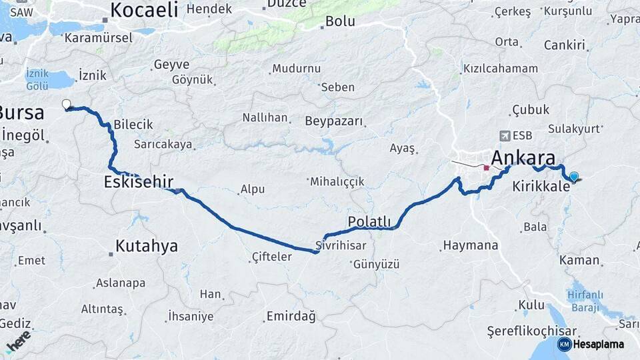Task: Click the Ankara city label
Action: (x=523, y=158)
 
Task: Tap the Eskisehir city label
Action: (x=139, y=181)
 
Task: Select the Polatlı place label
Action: (x=369, y=221)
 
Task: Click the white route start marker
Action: (x=66, y=103)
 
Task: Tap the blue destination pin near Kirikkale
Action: (x=573, y=176)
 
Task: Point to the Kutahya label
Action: (x=147, y=246)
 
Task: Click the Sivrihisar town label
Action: (x=341, y=245)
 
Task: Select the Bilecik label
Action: (x=133, y=125)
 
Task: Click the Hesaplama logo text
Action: (x=599, y=344)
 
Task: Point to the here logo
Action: (x=18, y=340)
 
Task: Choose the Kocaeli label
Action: (x=144, y=9)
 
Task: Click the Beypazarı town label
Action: (x=334, y=121)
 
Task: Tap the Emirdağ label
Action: (x=291, y=315)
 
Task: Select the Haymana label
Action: (x=470, y=245)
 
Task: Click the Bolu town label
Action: (x=339, y=21)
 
